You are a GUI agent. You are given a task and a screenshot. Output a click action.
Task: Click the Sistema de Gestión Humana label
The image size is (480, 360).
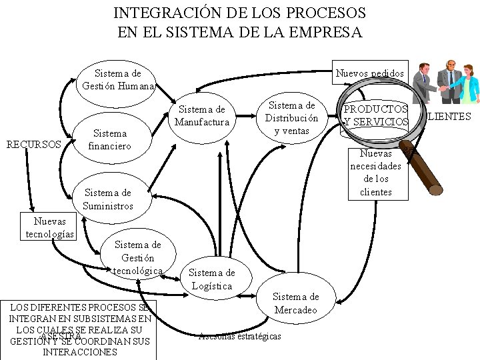coord(118,79)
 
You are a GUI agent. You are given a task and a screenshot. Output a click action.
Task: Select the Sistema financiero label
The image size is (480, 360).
coord(110,139)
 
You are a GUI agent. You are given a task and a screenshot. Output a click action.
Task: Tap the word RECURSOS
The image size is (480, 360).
coord(33,144)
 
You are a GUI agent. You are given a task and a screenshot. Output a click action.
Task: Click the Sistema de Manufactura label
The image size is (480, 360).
coord(202,115)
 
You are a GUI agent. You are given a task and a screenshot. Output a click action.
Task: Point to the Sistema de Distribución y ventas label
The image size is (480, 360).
coord(291,118)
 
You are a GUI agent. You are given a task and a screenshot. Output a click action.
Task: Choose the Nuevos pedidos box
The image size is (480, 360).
coord(369,73)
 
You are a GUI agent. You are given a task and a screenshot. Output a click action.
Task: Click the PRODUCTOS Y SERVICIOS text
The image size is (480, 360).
coord(375,115)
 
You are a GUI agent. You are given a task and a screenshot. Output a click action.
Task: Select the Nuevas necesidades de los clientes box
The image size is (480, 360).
coord(376,173)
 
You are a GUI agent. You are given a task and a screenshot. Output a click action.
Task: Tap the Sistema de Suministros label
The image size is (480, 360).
coord(108,199)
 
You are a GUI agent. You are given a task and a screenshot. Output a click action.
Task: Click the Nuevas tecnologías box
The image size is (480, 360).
coord(50,227)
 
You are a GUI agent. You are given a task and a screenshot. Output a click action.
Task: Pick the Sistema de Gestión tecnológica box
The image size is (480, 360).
coord(138,257)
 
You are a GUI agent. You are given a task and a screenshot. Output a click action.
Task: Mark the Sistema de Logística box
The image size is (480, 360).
coord(211,279)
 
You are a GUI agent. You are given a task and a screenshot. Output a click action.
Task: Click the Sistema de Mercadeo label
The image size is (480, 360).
coord(296,303)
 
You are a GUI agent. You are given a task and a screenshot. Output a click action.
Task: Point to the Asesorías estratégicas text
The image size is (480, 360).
coord(240,336)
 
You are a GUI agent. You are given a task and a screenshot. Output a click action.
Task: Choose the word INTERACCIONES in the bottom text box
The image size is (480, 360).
coord(79,352)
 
